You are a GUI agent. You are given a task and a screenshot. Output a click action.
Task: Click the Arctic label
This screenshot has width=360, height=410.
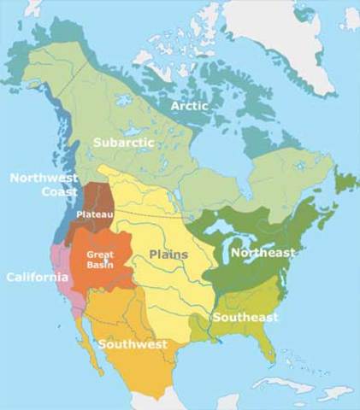pos(190,106)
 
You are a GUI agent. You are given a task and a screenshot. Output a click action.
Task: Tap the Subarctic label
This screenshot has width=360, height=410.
pos(125,143)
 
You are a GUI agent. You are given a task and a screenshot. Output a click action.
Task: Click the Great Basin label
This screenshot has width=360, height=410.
pos(101,260)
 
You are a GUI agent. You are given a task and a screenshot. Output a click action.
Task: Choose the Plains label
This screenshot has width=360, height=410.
pos(168,255)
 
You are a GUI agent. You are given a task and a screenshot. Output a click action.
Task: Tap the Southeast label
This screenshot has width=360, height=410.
pos(245,318)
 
